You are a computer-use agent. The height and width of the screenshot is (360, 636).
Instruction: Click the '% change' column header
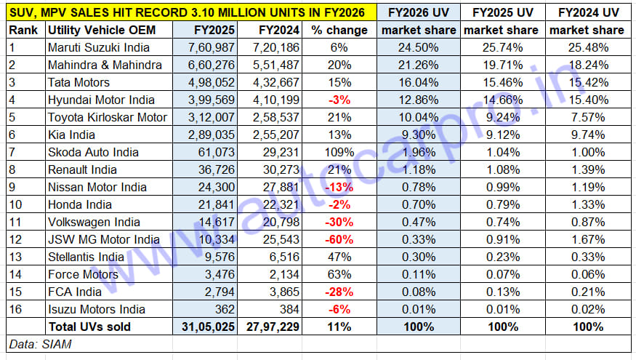[x=336, y=30]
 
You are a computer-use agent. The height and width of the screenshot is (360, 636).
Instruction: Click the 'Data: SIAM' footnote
[x=41, y=344]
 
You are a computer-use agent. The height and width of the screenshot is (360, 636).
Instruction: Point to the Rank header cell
[x=24, y=30]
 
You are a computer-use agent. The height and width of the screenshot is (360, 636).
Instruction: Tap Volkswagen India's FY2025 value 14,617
[x=214, y=222]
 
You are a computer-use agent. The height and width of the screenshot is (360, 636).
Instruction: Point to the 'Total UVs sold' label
[x=89, y=327]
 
